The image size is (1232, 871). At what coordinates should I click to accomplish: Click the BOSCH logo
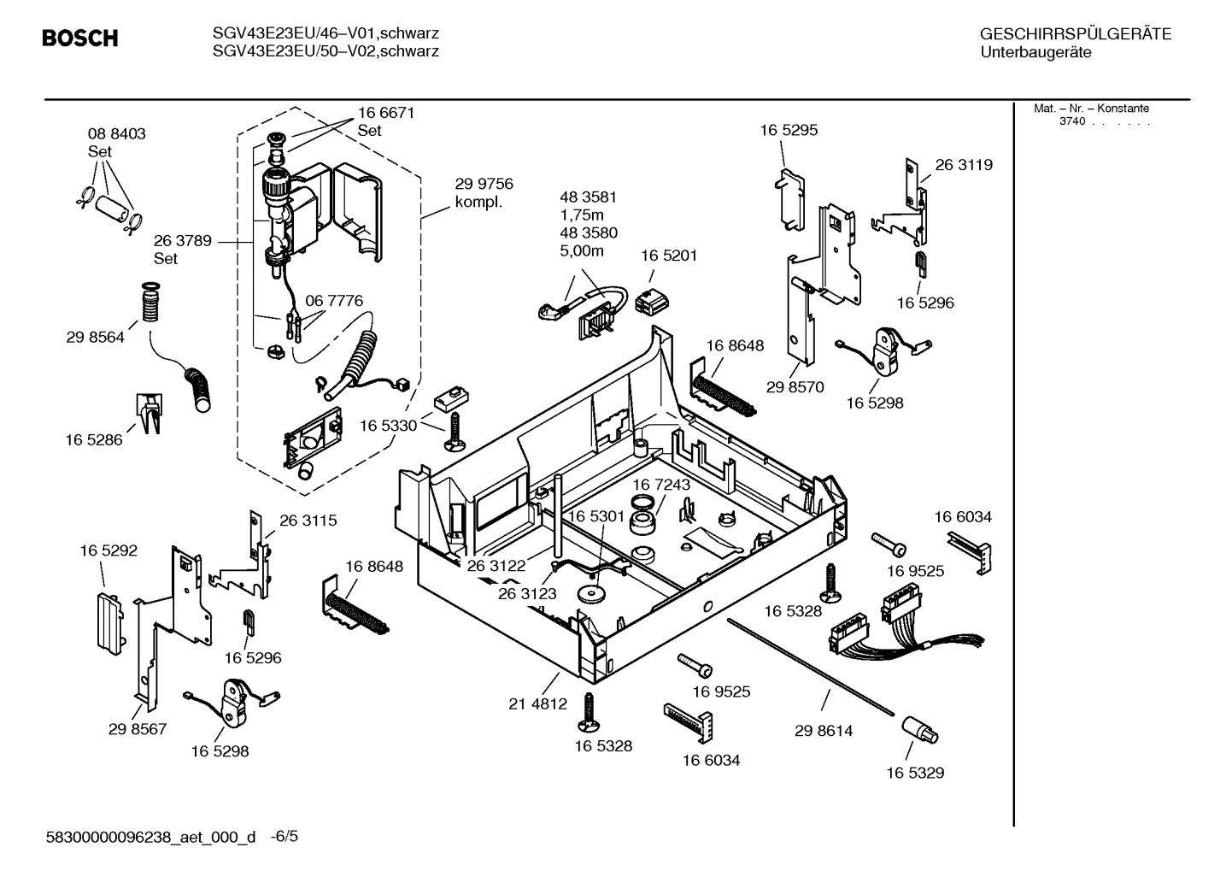pos(80,38)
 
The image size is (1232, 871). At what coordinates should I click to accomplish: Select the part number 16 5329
pos(914,773)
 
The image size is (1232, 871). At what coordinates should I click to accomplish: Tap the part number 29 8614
pos(823,731)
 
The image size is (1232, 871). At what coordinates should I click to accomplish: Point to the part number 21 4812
pos(537,704)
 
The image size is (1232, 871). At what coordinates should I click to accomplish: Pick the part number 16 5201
pos(668,256)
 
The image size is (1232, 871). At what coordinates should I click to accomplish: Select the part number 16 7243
pos(661,485)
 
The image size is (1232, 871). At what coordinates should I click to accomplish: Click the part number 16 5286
pos(94,439)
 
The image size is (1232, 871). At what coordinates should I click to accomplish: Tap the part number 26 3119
pos(964,165)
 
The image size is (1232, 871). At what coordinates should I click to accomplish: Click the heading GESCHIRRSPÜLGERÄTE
pos(1075,34)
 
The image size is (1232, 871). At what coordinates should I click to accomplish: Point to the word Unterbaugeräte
pos(1035,52)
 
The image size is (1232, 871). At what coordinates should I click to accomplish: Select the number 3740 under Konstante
pos(1071,121)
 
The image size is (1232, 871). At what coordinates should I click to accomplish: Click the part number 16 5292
pos(109,551)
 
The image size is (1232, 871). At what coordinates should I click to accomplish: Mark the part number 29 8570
pos(795,387)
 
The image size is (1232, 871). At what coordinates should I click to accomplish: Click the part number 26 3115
pos(308,520)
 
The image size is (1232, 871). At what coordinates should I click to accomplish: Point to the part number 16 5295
pos(789,130)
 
